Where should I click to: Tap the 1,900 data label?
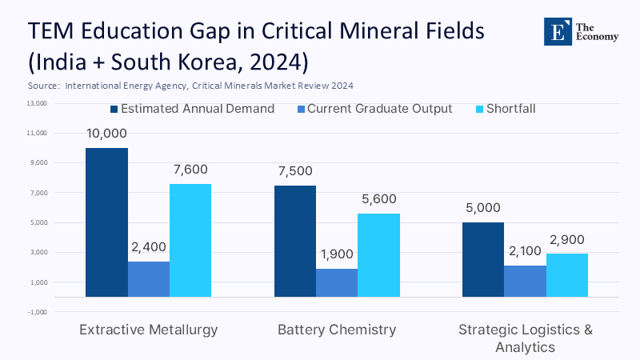click(x=337, y=254)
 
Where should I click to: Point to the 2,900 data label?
click(x=567, y=238)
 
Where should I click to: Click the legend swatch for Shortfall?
click(x=468, y=109)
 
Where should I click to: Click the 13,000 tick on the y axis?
click(x=38, y=103)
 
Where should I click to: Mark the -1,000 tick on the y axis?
click(x=38, y=312)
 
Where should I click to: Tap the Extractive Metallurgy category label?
click(x=149, y=330)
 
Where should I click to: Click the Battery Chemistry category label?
click(x=337, y=330)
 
